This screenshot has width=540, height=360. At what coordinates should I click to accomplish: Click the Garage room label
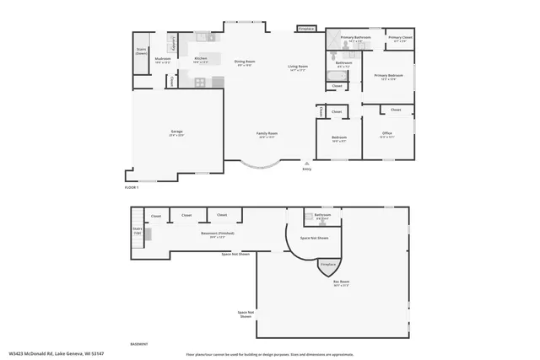(x=177, y=132)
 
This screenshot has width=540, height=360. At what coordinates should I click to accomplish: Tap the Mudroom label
(x=163, y=60)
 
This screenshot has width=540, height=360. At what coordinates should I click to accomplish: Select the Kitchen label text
(x=201, y=59)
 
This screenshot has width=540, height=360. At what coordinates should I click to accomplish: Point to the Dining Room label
(x=245, y=62)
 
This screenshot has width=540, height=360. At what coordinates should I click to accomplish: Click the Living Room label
(x=298, y=67)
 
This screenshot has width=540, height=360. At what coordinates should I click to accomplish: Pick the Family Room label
(x=267, y=134)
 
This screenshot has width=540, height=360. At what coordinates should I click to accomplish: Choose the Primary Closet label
(x=400, y=39)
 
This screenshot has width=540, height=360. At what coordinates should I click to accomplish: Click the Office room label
(x=387, y=134)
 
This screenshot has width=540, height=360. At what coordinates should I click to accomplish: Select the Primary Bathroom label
(x=356, y=39)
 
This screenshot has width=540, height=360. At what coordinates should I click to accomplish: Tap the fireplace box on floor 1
(x=307, y=29)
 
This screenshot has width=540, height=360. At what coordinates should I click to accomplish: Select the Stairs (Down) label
(x=142, y=51)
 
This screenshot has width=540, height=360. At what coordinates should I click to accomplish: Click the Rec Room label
(x=341, y=284)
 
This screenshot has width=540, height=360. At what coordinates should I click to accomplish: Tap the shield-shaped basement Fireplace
(x=326, y=266)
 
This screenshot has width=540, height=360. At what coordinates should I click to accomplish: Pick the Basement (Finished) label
(x=216, y=234)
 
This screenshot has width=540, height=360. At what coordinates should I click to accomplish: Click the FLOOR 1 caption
(x=131, y=187)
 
